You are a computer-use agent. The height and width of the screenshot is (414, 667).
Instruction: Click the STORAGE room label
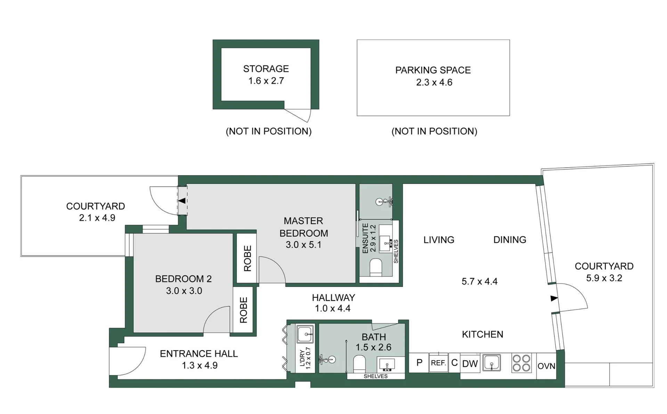click(266, 69)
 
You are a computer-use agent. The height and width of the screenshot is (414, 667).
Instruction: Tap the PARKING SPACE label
click(433, 70)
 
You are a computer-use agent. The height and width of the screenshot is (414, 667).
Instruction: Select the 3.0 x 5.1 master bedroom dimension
click(303, 245)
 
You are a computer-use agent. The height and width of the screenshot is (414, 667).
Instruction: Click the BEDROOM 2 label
click(183, 279)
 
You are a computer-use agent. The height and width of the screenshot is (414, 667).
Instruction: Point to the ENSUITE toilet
click(375, 267)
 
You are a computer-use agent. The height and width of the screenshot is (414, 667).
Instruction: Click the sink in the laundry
click(305, 334)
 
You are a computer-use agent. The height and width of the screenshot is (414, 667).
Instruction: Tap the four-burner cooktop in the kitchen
click(521, 363)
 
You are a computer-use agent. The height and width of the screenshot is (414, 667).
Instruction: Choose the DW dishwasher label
click(470, 364)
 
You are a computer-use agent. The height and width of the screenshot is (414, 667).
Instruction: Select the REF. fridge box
click(438, 363)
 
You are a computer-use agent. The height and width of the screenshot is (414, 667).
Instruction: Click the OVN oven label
click(546, 366)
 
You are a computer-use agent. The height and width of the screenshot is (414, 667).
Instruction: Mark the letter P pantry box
click(419, 363)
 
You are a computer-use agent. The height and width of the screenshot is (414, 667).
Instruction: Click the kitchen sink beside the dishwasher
click(491, 363)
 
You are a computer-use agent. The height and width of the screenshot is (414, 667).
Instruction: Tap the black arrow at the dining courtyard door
click(554, 298)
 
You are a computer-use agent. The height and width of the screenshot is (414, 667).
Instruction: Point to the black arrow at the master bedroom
click(182, 201)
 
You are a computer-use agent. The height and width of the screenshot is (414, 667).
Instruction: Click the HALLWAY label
click(333, 297)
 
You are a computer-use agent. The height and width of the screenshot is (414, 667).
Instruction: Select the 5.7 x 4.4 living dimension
click(479, 281)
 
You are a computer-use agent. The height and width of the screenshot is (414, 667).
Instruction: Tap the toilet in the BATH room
click(359, 363)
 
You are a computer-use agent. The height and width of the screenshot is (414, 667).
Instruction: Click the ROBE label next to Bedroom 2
click(244, 310)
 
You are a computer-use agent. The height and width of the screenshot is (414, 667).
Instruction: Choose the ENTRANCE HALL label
click(199, 354)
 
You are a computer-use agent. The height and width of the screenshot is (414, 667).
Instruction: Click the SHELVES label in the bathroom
click(375, 376)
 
